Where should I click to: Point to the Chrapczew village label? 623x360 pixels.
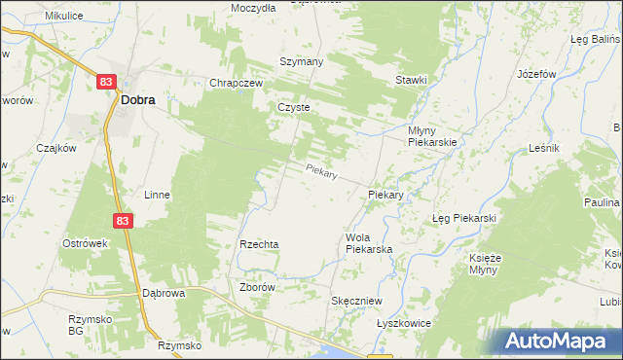tap(237, 84)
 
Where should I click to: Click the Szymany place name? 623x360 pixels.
tap(301, 60)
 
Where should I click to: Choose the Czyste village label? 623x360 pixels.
tap(293, 108)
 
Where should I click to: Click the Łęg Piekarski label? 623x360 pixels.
tap(464, 218)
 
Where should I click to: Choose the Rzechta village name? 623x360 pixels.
tap(260, 244)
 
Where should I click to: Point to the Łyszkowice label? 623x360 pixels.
tap(403, 323)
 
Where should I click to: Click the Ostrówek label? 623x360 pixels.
tap(84, 242)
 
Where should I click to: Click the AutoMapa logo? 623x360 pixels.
tap(561, 341)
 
